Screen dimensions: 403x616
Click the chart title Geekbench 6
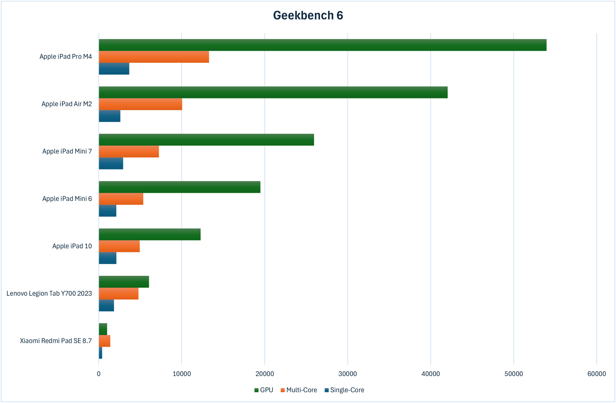pyautogui.click(x=308, y=15)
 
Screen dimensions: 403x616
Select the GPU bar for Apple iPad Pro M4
pyautogui.click(x=322, y=45)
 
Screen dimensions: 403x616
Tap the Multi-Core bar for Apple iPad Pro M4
pyautogui.click(x=154, y=57)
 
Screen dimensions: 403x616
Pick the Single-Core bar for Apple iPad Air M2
pyautogui.click(x=109, y=116)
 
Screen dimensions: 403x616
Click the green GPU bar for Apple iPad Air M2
pyautogui.click(x=273, y=92)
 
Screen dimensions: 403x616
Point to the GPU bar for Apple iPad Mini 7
pyautogui.click(x=206, y=140)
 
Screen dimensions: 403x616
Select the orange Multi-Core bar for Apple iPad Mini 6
pyautogui.click(x=121, y=199)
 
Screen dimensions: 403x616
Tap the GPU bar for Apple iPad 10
pyautogui.click(x=150, y=234)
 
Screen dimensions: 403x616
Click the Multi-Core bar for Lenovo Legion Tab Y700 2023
pyautogui.click(x=119, y=294)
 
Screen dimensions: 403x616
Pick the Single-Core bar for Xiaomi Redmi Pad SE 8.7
pyautogui.click(x=100, y=353)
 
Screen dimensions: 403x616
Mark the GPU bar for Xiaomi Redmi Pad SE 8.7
pyautogui.click(x=103, y=329)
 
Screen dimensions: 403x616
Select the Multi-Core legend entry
pyautogui.click(x=299, y=390)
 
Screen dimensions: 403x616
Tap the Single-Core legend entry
pyautogui.click(x=344, y=390)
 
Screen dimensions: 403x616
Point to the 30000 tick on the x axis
pyautogui.click(x=348, y=374)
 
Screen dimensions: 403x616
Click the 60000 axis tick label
pyautogui.click(x=597, y=374)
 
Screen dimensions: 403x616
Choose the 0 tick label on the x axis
pyautogui.click(x=99, y=374)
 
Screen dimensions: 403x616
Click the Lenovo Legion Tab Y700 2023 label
pyautogui.click(x=49, y=293)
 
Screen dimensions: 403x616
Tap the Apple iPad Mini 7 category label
pyautogui.click(x=67, y=151)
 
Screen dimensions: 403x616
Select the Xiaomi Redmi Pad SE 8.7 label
pyautogui.click(x=56, y=341)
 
